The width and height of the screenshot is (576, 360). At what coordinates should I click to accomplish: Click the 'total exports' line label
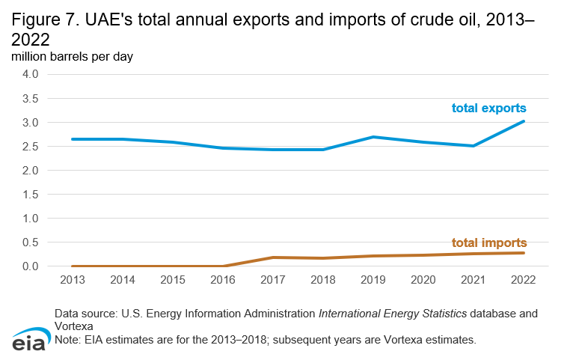(488, 108)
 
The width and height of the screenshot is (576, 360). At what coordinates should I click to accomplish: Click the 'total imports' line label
(489, 242)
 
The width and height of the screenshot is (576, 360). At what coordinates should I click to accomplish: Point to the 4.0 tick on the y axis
(31, 74)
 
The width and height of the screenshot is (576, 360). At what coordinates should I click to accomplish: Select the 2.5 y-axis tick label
(31, 146)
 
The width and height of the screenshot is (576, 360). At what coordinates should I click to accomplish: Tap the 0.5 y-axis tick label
(31, 242)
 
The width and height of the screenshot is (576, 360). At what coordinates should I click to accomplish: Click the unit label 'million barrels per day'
(71, 57)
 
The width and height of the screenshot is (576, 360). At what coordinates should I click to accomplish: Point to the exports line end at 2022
(524, 121)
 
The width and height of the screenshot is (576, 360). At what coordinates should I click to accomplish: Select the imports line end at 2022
(524, 253)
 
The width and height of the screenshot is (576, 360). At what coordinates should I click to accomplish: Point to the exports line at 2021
(472, 146)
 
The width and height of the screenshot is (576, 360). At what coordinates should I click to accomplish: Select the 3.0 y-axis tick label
(31, 122)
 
